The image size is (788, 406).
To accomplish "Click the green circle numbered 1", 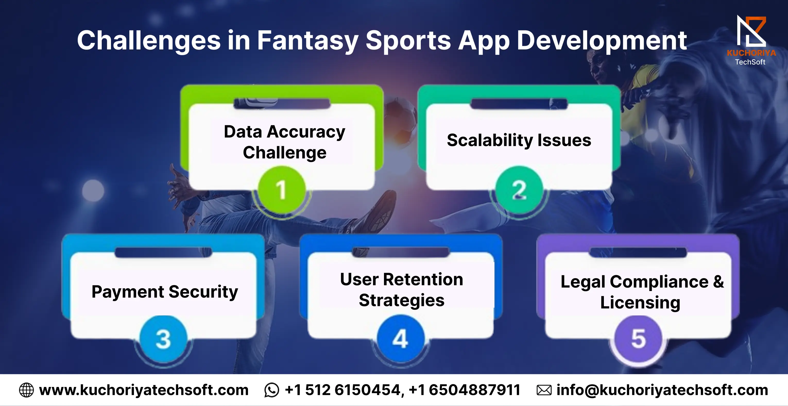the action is [281, 189].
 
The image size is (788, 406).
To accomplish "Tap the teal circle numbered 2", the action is [519, 189].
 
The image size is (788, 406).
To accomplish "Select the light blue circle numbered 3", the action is [163, 339].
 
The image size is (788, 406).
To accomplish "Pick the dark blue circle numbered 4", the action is [401, 339].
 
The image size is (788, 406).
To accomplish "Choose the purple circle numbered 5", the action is [638, 339].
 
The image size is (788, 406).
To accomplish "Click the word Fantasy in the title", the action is [308, 40].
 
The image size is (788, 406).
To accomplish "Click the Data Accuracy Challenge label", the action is [285, 142].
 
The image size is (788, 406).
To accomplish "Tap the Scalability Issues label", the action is [519, 140].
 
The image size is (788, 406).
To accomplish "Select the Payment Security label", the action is [165, 292].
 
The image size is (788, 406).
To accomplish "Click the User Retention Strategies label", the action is [402, 290].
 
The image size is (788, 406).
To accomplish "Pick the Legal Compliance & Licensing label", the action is [642, 292].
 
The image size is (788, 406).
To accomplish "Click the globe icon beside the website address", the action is [26, 390].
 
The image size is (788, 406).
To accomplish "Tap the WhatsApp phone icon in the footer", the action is [271, 390].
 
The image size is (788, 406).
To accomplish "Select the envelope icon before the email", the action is [544, 390].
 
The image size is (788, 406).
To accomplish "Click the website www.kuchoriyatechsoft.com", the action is [144, 390].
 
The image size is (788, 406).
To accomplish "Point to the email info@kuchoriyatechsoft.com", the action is [662, 390].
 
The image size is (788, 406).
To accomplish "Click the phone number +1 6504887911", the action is [464, 390].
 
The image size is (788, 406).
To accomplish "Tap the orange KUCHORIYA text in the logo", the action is [751, 53].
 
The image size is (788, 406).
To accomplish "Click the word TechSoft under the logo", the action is [750, 62].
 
